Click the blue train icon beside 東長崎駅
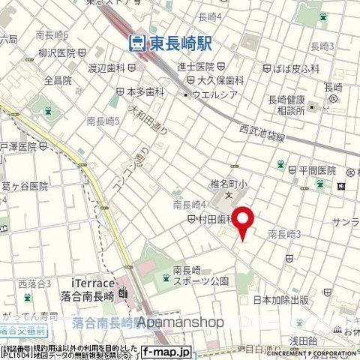pyautogui.click(x=137, y=43)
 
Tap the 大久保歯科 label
pyautogui.click(x=223, y=80)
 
